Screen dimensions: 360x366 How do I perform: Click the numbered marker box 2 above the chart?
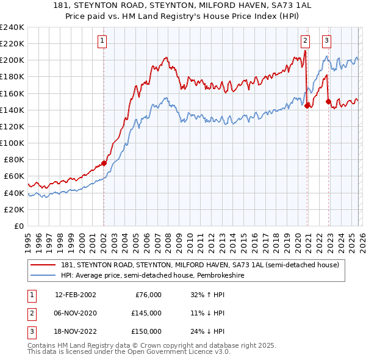(305, 41)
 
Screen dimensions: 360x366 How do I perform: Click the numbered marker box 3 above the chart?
(327, 41)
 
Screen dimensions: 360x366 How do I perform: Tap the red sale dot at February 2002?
(104, 163)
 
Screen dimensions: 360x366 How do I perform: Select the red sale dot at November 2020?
(306, 106)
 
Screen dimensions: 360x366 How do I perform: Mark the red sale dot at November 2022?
(328, 101)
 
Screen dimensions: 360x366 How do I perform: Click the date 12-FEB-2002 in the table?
(75, 295)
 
